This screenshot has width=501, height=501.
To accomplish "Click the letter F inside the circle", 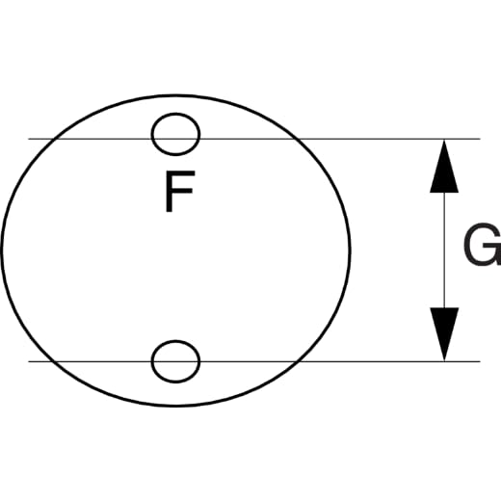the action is click(x=179, y=192).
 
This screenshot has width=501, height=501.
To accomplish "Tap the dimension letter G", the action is click(x=483, y=245).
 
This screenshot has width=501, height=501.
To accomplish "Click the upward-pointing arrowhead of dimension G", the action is click(x=444, y=166).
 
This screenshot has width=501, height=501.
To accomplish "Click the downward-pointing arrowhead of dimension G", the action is click(x=444, y=334).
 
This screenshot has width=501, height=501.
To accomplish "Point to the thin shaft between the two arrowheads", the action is click(x=444, y=250).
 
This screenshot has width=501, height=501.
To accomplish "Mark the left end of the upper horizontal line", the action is click(x=29, y=139).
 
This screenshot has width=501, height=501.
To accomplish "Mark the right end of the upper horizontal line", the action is click(x=480, y=139).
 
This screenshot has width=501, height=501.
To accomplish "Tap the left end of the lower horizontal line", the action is click(x=29, y=361).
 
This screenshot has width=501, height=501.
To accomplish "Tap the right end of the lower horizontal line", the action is click(x=480, y=361).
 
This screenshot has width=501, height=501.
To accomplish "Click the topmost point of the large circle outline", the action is click(x=175, y=95).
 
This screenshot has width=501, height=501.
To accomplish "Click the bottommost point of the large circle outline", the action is click(x=175, y=406).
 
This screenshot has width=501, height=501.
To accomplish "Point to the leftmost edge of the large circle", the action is click(x=2, y=250).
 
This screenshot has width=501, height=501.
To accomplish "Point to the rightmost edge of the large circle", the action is click(x=350, y=250).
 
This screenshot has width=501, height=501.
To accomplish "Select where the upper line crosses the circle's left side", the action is click(x=55, y=139).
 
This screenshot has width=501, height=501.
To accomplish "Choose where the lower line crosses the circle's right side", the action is click(x=297, y=361).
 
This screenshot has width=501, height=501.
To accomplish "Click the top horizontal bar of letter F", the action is click(x=180, y=173).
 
